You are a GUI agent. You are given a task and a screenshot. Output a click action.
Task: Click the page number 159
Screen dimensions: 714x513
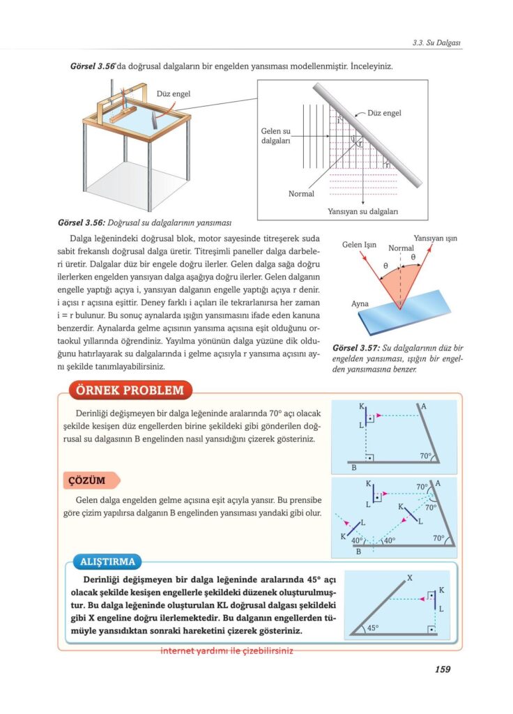pos(442,669)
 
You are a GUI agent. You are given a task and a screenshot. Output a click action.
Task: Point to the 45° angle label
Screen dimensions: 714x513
pos(373,628)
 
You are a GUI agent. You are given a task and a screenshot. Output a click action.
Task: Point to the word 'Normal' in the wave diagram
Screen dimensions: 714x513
pos(301,194)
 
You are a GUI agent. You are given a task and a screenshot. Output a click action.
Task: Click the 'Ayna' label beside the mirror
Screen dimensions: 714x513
pos(360,304)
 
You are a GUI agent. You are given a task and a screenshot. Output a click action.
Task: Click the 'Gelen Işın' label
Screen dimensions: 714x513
pos(359,245)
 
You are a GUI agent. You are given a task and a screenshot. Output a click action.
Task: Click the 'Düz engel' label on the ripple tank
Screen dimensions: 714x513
pos(174,93)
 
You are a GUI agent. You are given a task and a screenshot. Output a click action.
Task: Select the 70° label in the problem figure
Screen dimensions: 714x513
pos(427,456)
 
